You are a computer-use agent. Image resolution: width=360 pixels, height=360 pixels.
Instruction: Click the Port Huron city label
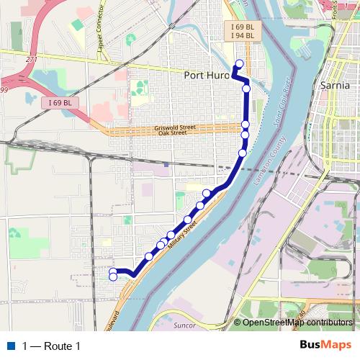point(207,75)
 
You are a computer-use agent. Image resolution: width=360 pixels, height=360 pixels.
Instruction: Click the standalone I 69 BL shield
point(60,103)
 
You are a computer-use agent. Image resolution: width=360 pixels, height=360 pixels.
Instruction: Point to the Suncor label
point(185,326)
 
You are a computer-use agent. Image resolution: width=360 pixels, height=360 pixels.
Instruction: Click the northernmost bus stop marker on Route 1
point(239,63)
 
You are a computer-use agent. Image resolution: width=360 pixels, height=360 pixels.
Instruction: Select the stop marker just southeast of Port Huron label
point(246,89)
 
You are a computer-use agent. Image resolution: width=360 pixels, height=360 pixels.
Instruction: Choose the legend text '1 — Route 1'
point(51,346)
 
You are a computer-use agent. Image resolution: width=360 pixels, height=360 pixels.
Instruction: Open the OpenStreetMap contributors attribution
point(297,323)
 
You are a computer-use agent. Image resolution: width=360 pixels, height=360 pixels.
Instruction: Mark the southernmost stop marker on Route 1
point(113,277)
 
